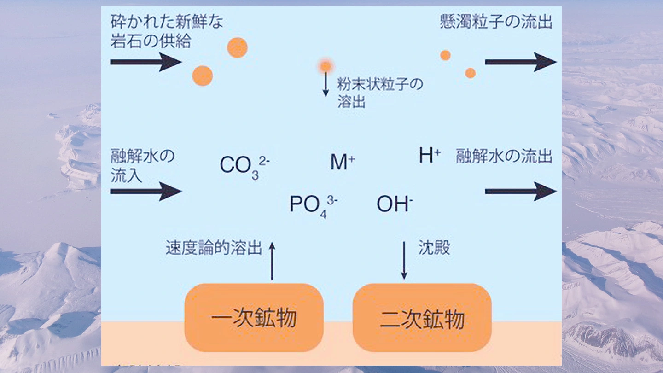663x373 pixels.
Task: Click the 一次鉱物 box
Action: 254,318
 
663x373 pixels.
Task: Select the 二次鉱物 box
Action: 422,318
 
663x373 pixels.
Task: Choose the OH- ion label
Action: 394,204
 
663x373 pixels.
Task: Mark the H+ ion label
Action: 430,156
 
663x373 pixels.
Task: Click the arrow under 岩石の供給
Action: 145,62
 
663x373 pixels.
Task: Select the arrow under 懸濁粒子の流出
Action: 520,62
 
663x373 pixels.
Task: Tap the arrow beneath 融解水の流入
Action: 145,191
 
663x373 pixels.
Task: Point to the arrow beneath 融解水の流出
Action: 520,191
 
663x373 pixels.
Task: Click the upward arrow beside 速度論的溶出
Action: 272,261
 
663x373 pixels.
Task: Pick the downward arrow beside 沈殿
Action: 404,260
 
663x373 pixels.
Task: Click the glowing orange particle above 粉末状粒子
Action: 326,66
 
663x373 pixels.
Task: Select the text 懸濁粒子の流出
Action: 495,22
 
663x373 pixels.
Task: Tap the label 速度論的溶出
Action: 214,248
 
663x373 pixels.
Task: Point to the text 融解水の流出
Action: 504,157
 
